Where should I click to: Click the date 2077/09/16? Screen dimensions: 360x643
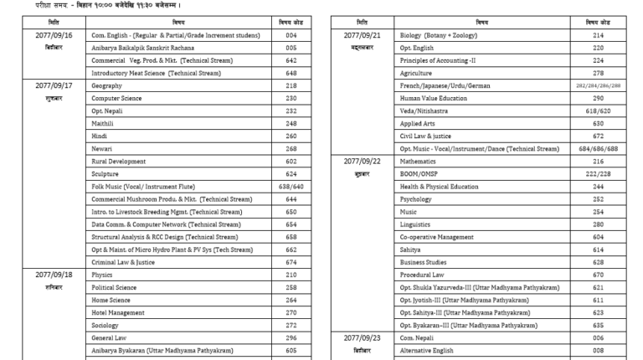tap(54, 35)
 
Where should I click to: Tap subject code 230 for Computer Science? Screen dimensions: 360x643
tap(291, 98)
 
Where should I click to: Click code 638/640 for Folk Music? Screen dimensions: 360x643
tap(291, 186)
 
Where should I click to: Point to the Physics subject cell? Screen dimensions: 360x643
tap(102, 274)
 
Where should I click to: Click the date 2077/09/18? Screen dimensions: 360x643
tap(54, 274)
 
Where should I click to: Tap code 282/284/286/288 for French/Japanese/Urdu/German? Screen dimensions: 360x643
tap(599, 85)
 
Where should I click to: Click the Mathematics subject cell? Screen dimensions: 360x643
tap(418, 161)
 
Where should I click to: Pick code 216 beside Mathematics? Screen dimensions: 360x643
tap(599, 161)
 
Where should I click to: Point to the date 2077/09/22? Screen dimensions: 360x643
tap(363, 161)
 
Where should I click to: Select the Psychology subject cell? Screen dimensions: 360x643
tap(416, 198)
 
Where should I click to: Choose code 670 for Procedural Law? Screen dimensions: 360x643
tap(599, 274)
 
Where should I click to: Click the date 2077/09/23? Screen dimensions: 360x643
tap(363, 337)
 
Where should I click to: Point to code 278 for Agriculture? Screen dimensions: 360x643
tap(599, 73)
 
